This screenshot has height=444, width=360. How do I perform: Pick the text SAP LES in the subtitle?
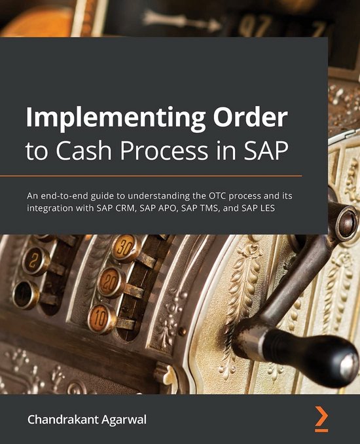coord(289,208)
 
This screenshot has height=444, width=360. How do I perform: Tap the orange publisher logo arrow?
coord(321,417)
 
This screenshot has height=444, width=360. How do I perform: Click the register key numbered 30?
coord(124,248)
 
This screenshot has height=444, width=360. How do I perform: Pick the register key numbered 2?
coord(36,261)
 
